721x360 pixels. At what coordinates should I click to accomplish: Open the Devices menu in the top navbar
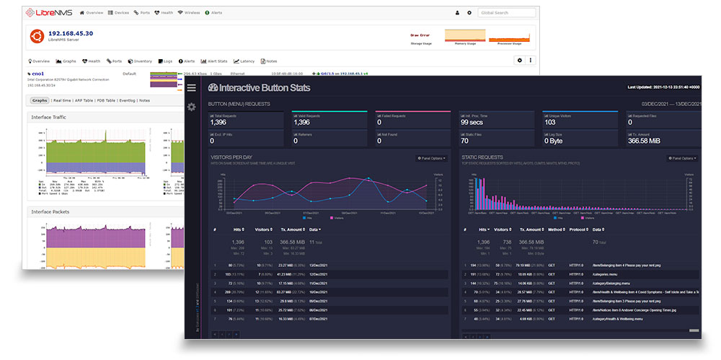click(x=119, y=13)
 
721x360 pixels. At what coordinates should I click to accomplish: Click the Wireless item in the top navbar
click(x=190, y=13)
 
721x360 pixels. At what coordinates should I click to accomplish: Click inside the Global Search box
click(x=507, y=13)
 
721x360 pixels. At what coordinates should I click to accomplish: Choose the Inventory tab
click(x=141, y=61)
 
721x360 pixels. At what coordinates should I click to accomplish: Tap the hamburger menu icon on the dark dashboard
click(x=191, y=88)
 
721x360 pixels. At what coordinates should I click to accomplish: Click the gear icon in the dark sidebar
click(x=191, y=107)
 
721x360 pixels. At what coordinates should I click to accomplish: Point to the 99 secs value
click(x=471, y=123)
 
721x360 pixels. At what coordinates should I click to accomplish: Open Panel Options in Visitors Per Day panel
click(x=431, y=158)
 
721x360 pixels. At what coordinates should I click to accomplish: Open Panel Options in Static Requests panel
click(x=681, y=158)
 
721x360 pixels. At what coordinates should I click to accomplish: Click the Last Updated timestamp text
click(x=663, y=87)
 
